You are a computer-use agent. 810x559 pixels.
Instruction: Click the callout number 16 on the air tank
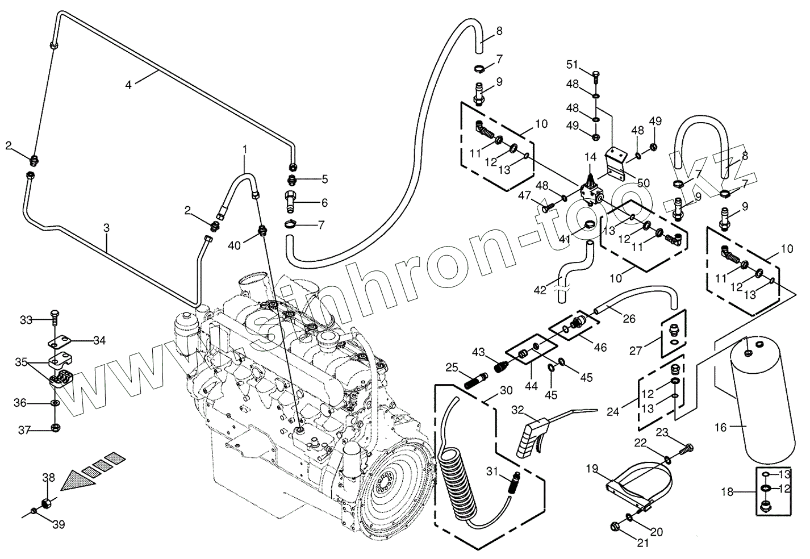click(x=720, y=427)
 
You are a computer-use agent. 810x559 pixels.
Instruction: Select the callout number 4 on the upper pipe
click(x=129, y=85)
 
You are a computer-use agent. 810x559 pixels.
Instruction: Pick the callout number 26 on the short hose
click(x=629, y=319)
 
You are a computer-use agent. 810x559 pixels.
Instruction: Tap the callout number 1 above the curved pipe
click(x=245, y=149)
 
